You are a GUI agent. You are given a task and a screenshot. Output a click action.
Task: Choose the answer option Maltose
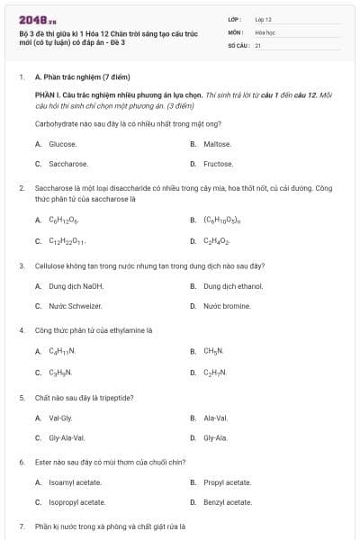[217, 144]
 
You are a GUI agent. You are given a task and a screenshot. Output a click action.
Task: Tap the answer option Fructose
[218, 164]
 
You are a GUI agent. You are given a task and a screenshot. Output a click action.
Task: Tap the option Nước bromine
[226, 306]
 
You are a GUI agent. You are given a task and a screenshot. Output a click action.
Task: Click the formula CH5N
[213, 351]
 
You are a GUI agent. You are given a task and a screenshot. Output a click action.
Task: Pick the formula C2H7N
[215, 372]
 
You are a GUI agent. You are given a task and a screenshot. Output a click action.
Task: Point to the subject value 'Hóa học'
[265, 31]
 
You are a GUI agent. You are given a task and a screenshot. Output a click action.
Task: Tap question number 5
[22, 397]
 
